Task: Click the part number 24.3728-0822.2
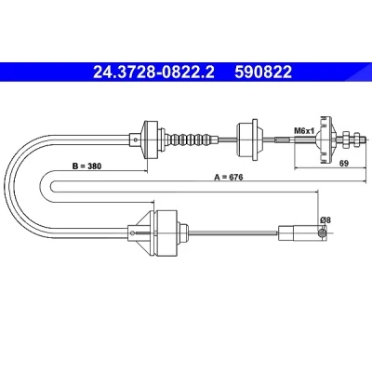[153, 73]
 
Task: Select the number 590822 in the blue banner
[263, 73]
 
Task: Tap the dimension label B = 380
[86, 166]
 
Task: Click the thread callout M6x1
[304, 131]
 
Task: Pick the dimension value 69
[344, 164]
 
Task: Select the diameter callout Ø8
[325, 220]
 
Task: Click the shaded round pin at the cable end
[323, 233]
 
